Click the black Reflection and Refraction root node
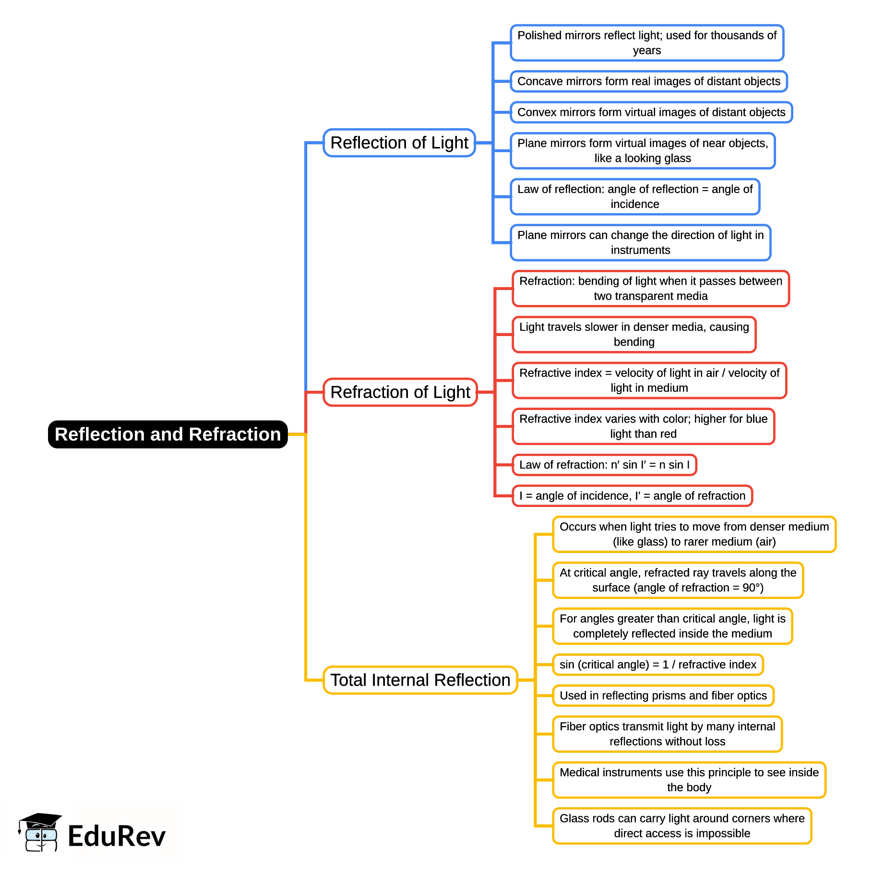pyautogui.click(x=167, y=434)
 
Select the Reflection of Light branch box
pyautogui.click(x=399, y=143)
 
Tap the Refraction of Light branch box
pyautogui.click(x=400, y=392)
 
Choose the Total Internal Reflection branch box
pyautogui.click(x=420, y=680)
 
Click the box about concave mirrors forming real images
pyautogui.click(x=648, y=81)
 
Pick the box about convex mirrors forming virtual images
pyautogui.click(x=651, y=112)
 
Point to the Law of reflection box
pyautogui.click(x=635, y=196)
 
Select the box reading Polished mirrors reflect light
pyautogui.click(x=646, y=43)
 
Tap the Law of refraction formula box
pyautogui.click(x=604, y=465)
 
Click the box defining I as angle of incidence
pyautogui.click(x=632, y=495)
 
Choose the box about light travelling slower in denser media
pyautogui.click(x=634, y=334)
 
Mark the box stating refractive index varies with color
pyautogui.click(x=643, y=426)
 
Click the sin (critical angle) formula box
pyautogui.click(x=658, y=664)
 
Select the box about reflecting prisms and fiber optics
pyautogui.click(x=663, y=695)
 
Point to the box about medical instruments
pyautogui.click(x=689, y=780)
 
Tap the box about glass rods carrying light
pyautogui.click(x=682, y=826)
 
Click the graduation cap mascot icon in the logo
pyautogui.click(x=40, y=832)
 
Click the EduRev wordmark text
pyautogui.click(x=117, y=836)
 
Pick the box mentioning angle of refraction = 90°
pyautogui.click(x=678, y=580)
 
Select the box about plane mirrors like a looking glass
pyautogui.click(x=643, y=151)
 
